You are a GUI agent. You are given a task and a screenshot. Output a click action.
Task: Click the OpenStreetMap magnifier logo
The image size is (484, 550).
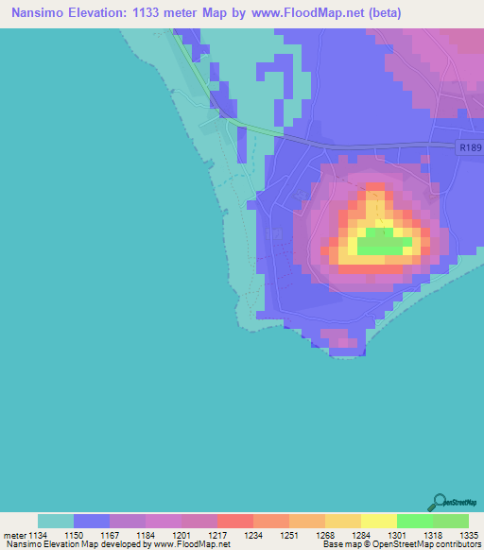[440, 500]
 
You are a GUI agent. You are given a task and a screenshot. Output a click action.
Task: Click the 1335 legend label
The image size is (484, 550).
[468, 535]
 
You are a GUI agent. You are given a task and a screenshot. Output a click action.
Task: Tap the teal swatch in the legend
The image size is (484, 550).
[56, 521]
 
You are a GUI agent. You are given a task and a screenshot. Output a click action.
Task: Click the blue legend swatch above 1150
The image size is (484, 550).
[92, 521]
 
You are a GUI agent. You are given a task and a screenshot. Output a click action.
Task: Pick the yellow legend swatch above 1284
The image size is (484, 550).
[343, 521]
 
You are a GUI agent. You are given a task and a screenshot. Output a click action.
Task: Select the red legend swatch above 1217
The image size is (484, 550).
[235, 521]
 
